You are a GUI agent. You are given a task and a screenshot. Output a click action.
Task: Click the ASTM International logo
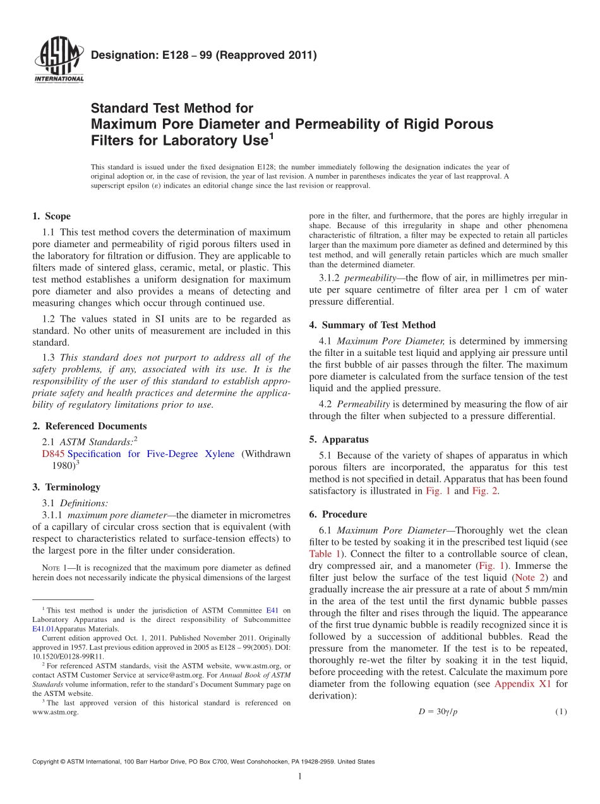pos(57,61)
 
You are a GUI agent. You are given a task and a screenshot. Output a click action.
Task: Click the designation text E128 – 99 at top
pos(203,56)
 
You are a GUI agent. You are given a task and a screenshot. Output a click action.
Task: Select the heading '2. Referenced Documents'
pos(89,426)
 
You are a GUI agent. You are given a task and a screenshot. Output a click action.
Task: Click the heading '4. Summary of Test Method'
pos(372,325)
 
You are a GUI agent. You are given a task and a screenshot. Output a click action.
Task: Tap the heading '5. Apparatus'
pos(339,439)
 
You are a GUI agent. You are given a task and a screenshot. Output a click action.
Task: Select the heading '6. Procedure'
pos(338,515)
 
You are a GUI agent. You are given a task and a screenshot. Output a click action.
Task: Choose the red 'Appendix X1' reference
pos(522,683)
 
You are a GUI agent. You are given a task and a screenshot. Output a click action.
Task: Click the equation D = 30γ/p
pos(438,712)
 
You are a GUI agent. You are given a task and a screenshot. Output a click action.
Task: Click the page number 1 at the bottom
pos(299,776)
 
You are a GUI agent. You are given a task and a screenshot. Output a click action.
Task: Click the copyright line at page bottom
pos(203,762)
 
